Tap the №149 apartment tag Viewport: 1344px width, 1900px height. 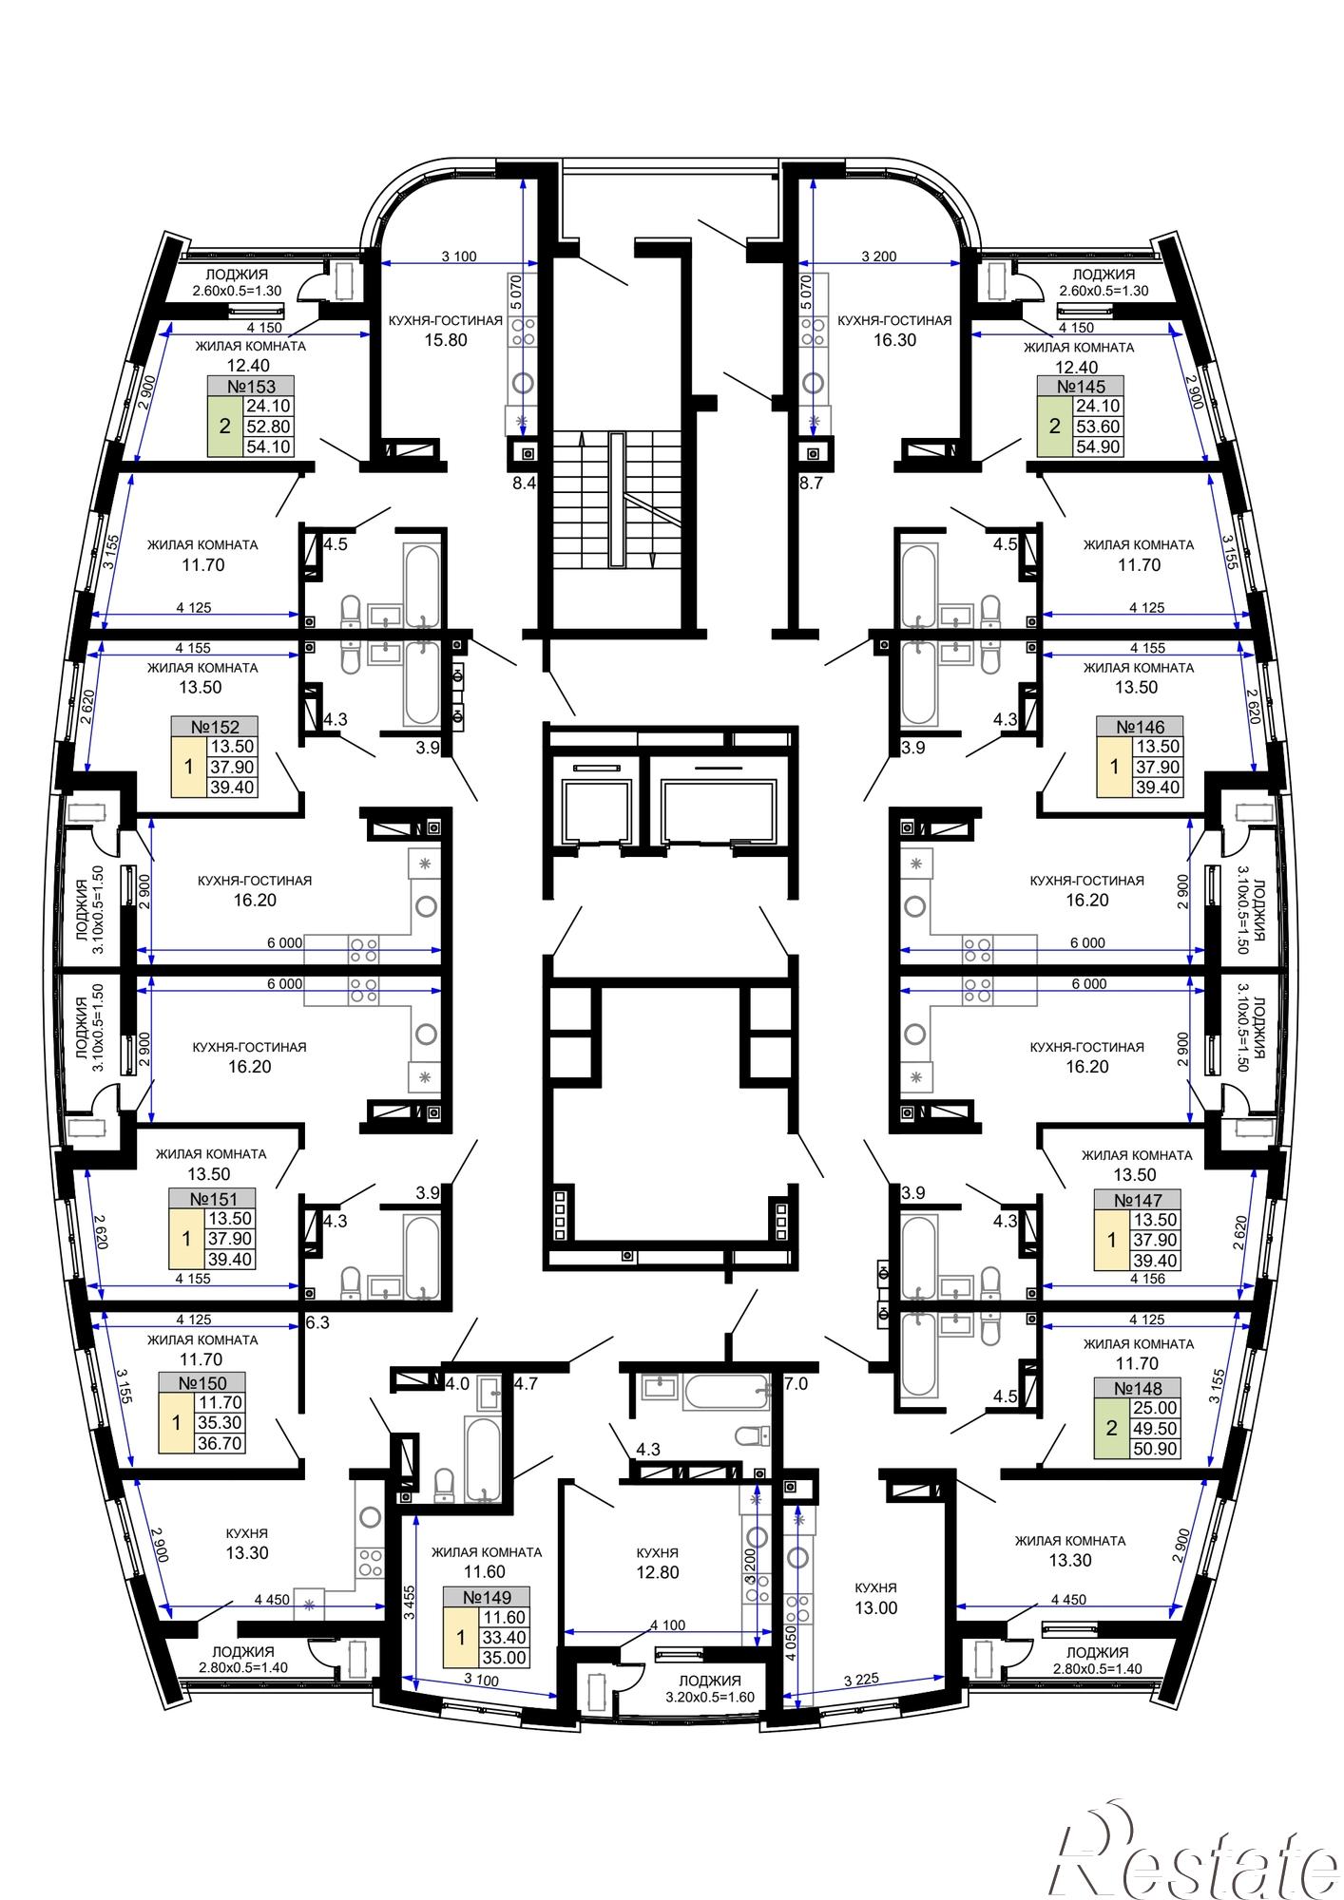tap(487, 1597)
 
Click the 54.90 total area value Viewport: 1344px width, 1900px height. tap(1098, 446)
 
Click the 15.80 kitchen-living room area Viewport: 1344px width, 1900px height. tap(446, 340)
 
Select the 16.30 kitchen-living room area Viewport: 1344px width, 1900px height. tap(894, 340)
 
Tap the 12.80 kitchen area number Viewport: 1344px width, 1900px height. tap(658, 1572)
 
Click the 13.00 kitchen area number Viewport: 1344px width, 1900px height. tap(875, 1607)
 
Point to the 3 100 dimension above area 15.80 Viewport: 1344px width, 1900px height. tap(459, 256)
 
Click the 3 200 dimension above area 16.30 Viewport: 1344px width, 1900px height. tap(879, 256)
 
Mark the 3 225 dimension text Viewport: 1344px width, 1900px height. tap(861, 1681)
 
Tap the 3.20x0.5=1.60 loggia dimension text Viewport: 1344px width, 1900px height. tap(710, 1698)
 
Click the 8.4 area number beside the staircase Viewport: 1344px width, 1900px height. tap(525, 484)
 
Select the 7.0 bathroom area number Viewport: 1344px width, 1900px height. tap(796, 1384)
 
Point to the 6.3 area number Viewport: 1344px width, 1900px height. tap(317, 1321)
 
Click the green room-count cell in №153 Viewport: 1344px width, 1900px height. tap(225, 427)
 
